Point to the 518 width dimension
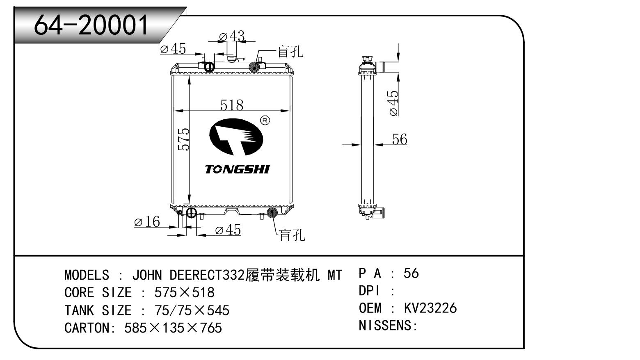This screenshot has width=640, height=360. click(232, 105)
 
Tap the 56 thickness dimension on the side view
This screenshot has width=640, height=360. click(399, 139)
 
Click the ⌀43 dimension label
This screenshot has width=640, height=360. click(232, 37)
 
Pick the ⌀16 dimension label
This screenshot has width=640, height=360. click(147, 222)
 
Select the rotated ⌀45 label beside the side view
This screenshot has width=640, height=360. click(393, 103)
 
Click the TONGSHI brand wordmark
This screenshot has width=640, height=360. click(238, 169)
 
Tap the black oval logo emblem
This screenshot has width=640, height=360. click(236, 137)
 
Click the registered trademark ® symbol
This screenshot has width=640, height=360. click(265, 120)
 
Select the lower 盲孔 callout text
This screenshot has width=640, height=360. click(292, 235)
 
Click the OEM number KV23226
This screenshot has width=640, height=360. click(430, 308)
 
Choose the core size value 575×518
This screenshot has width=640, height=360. click(184, 292)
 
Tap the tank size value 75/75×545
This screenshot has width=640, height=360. click(192, 310)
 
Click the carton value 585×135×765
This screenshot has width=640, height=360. click(173, 328)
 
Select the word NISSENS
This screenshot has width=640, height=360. click(385, 326)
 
